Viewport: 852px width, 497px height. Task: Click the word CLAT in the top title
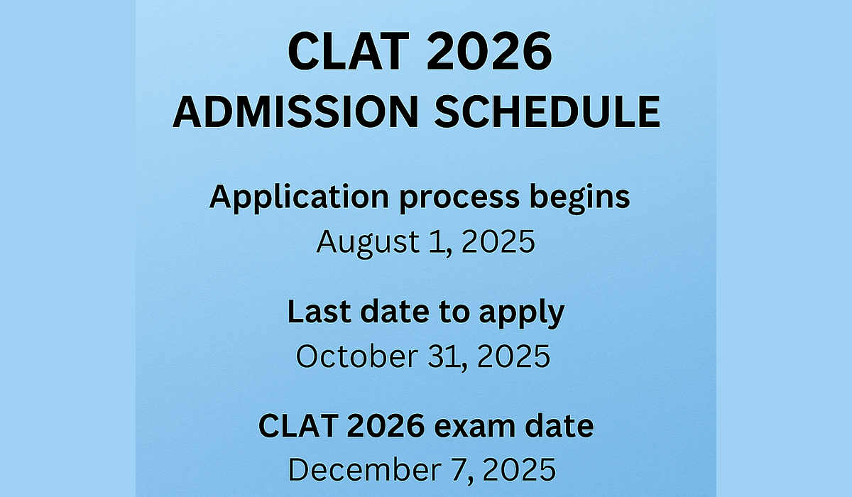pyautogui.click(x=348, y=51)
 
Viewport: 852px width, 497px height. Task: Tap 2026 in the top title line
pyautogui.click(x=488, y=51)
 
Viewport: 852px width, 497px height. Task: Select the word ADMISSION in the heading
pyautogui.click(x=295, y=111)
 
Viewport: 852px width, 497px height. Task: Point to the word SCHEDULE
pyautogui.click(x=547, y=111)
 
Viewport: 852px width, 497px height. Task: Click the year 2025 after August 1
pyautogui.click(x=498, y=242)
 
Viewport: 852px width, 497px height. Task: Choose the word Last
pyautogui.click(x=319, y=312)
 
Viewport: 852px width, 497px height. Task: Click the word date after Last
pyautogui.click(x=395, y=312)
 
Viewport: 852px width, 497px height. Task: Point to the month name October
pyautogui.click(x=357, y=356)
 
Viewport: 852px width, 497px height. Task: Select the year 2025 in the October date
pyautogui.click(x=513, y=356)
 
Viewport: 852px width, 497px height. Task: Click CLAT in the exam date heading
pyautogui.click(x=298, y=426)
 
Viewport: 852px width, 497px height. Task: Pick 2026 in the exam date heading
pyautogui.click(x=386, y=426)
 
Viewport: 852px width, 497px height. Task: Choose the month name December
pyautogui.click(x=365, y=470)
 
